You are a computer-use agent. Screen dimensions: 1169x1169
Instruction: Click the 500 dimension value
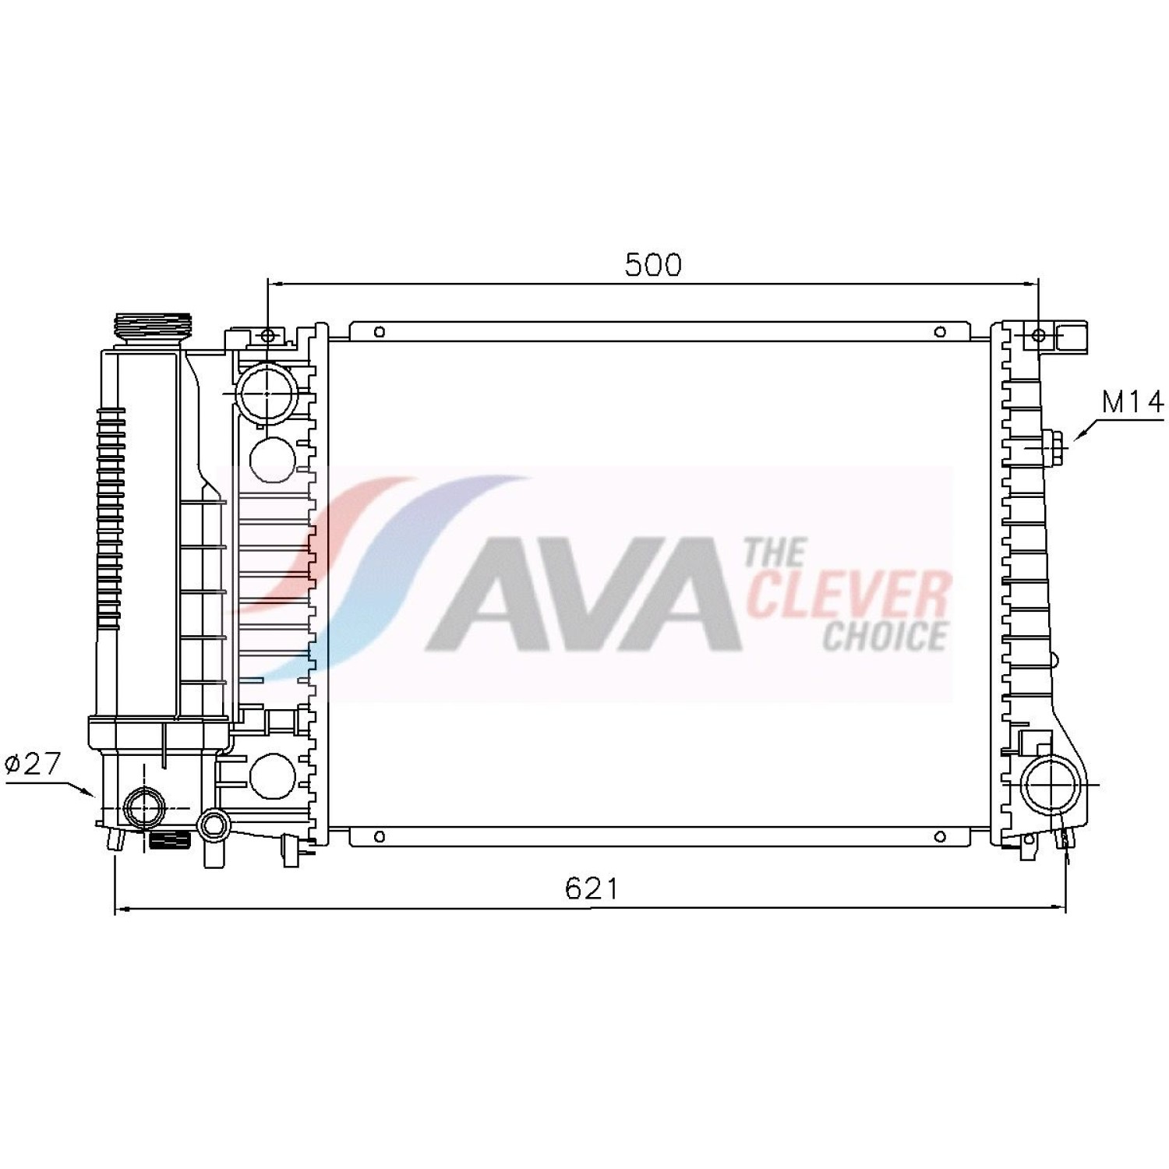point(653,265)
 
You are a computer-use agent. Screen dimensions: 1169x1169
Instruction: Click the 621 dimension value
point(592,888)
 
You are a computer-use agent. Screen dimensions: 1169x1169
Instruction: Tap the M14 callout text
point(1132,402)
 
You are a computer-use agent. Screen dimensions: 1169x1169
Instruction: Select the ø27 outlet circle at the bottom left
point(146,808)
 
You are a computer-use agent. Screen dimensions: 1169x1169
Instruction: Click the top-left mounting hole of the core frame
point(380,333)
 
